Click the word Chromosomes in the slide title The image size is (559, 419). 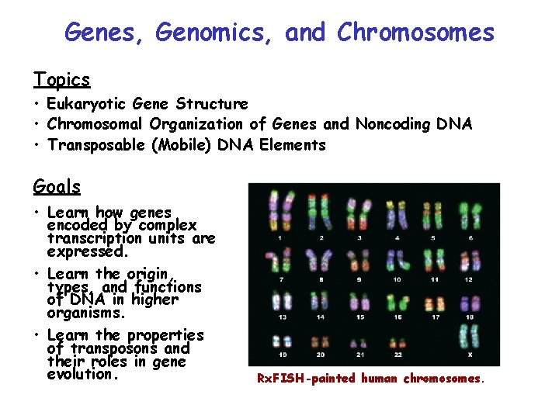pos(415,33)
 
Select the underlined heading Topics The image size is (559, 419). pos(61,79)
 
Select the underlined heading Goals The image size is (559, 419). pos(57,186)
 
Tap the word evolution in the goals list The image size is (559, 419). pos(80,374)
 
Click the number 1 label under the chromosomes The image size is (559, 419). pos(279,237)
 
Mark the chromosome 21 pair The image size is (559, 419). pos(358,342)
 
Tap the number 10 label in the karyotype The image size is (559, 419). pos(397,279)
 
